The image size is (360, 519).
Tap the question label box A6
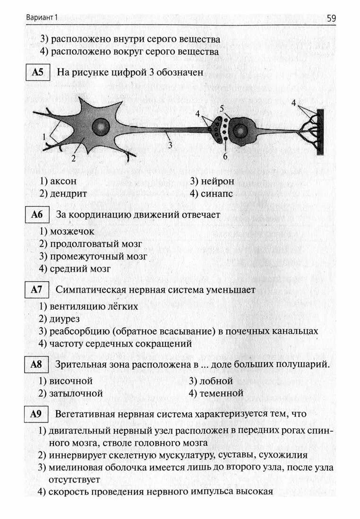click(x=37, y=215)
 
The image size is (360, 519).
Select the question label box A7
click(x=37, y=290)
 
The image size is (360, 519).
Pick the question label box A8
click(x=37, y=364)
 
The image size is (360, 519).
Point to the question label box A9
click(x=37, y=414)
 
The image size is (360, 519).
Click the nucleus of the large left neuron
click(x=101, y=126)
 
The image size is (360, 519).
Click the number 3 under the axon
click(x=170, y=145)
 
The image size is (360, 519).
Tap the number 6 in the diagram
click(x=225, y=156)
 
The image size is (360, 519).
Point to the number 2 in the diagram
click(x=74, y=159)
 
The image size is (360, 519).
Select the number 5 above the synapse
click(x=222, y=109)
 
